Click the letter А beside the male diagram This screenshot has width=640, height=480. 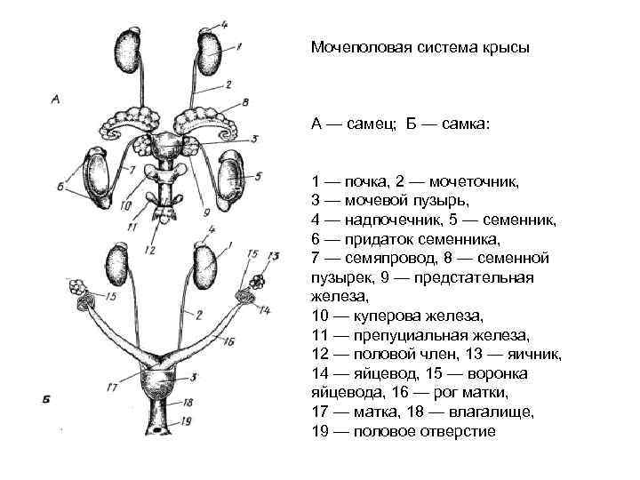pos(55,100)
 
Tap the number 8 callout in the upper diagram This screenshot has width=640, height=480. pos(244,102)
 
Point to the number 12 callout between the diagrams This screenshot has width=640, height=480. pos(149,252)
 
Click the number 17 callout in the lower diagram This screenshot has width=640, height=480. pos(111,388)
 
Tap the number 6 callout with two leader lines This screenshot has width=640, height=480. pos(59,186)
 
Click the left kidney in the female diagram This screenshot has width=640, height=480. pos(116,264)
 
